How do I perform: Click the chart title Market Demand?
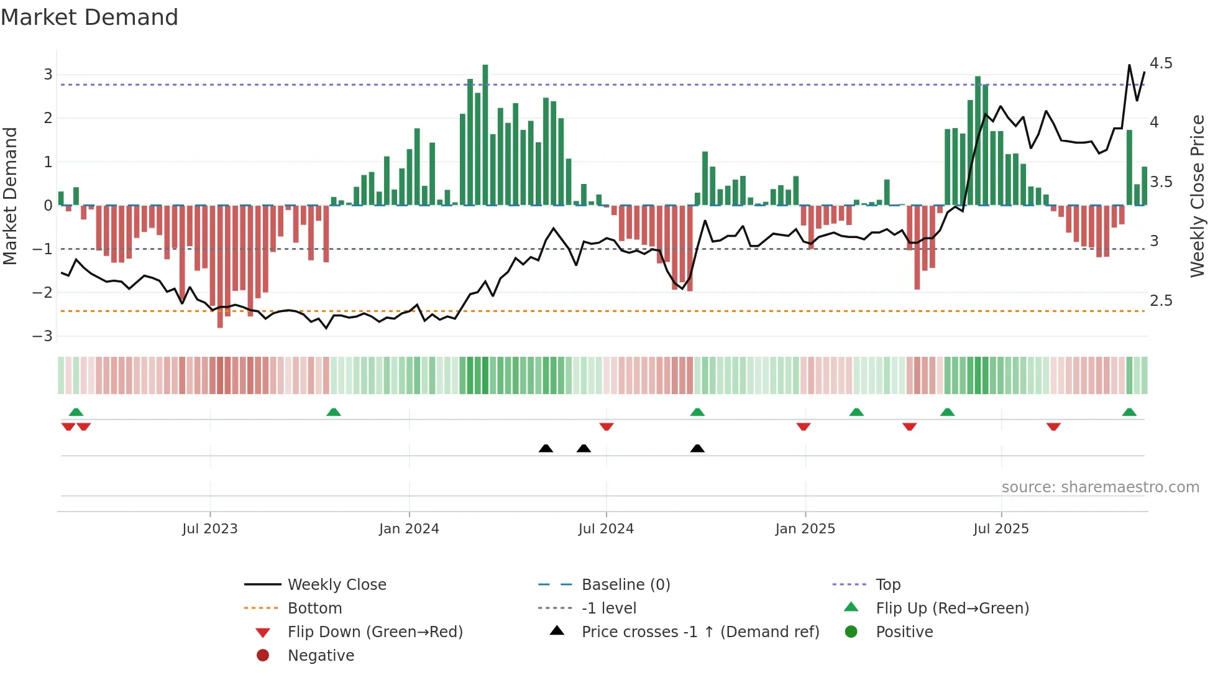(89, 17)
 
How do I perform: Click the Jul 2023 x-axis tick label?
(209, 529)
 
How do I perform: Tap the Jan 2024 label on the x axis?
(409, 529)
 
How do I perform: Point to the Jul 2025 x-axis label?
(1000, 529)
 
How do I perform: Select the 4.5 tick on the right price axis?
(1160, 63)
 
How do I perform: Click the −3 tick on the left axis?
(43, 336)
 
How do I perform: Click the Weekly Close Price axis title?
(1197, 196)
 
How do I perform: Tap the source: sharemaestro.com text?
(1100, 487)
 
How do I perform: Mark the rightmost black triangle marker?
(697, 448)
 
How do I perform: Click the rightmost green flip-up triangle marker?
(1129, 412)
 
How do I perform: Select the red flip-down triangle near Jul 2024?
(607, 426)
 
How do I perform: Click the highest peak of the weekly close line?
(1129, 65)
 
